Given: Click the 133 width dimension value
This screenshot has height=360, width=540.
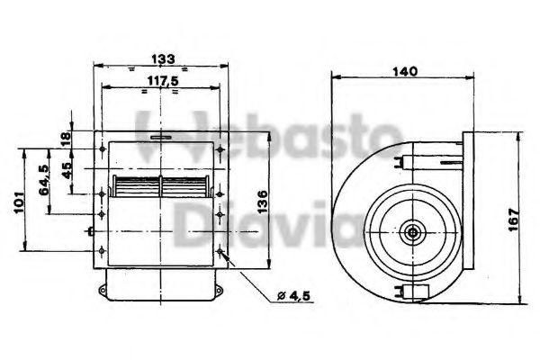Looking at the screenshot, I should pyautogui.click(x=163, y=58).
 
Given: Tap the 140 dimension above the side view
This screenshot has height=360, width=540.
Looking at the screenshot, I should pyautogui.click(x=405, y=73).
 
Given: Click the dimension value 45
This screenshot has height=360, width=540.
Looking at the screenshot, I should pyautogui.click(x=67, y=171).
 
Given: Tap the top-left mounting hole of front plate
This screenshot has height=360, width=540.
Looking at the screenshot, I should pyautogui.click(x=105, y=147).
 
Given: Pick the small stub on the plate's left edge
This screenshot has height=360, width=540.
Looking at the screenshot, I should pyautogui.click(x=93, y=232).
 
